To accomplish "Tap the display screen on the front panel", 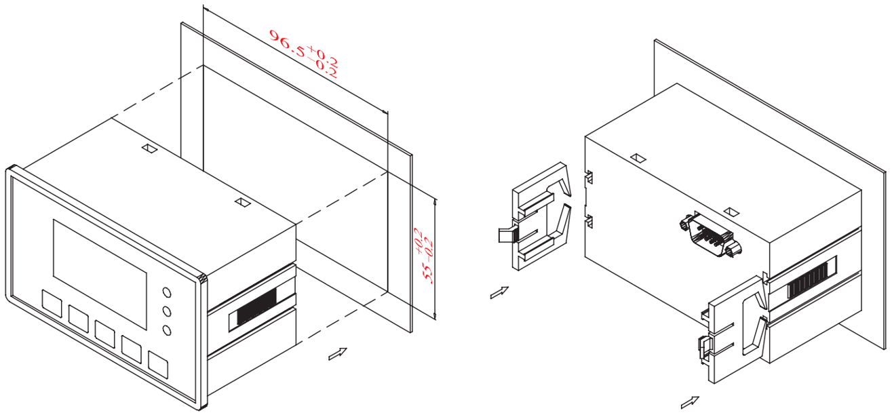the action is (100, 275).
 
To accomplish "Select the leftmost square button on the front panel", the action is (52, 304).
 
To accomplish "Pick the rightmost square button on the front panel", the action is (158, 364).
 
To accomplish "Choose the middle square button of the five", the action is (104, 334).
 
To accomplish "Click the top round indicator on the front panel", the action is (167, 292).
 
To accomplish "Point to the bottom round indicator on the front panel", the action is (167, 330).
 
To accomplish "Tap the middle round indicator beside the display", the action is (167, 311).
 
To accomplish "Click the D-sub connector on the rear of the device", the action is (710, 235).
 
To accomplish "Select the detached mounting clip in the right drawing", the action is (535, 216).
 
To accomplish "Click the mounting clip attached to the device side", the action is (733, 329).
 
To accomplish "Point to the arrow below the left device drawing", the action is (337, 354).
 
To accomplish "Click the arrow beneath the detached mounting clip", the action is (499, 292).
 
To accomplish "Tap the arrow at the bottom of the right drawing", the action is (690, 402).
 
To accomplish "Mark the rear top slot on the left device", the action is (150, 148).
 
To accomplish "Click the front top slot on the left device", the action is (243, 202).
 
